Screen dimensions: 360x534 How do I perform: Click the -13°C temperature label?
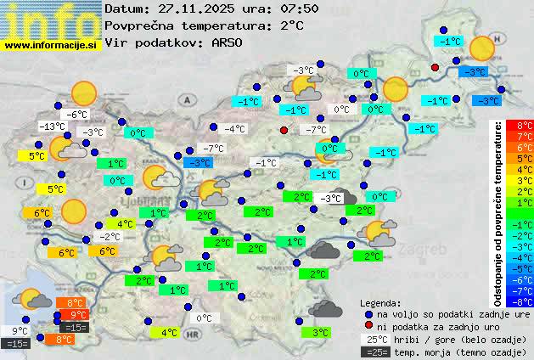[53, 127]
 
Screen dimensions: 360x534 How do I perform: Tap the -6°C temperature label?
[77, 115]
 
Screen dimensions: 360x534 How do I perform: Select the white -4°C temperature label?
[234, 129]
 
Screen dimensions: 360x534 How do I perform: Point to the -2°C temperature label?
[109, 237]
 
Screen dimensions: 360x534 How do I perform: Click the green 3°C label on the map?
[320, 333]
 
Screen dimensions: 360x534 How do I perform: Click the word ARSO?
[229, 42]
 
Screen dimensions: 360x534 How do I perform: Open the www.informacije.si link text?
[51, 45]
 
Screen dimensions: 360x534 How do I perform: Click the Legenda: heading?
[381, 302]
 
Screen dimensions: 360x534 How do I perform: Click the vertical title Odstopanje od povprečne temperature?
[498, 212]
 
